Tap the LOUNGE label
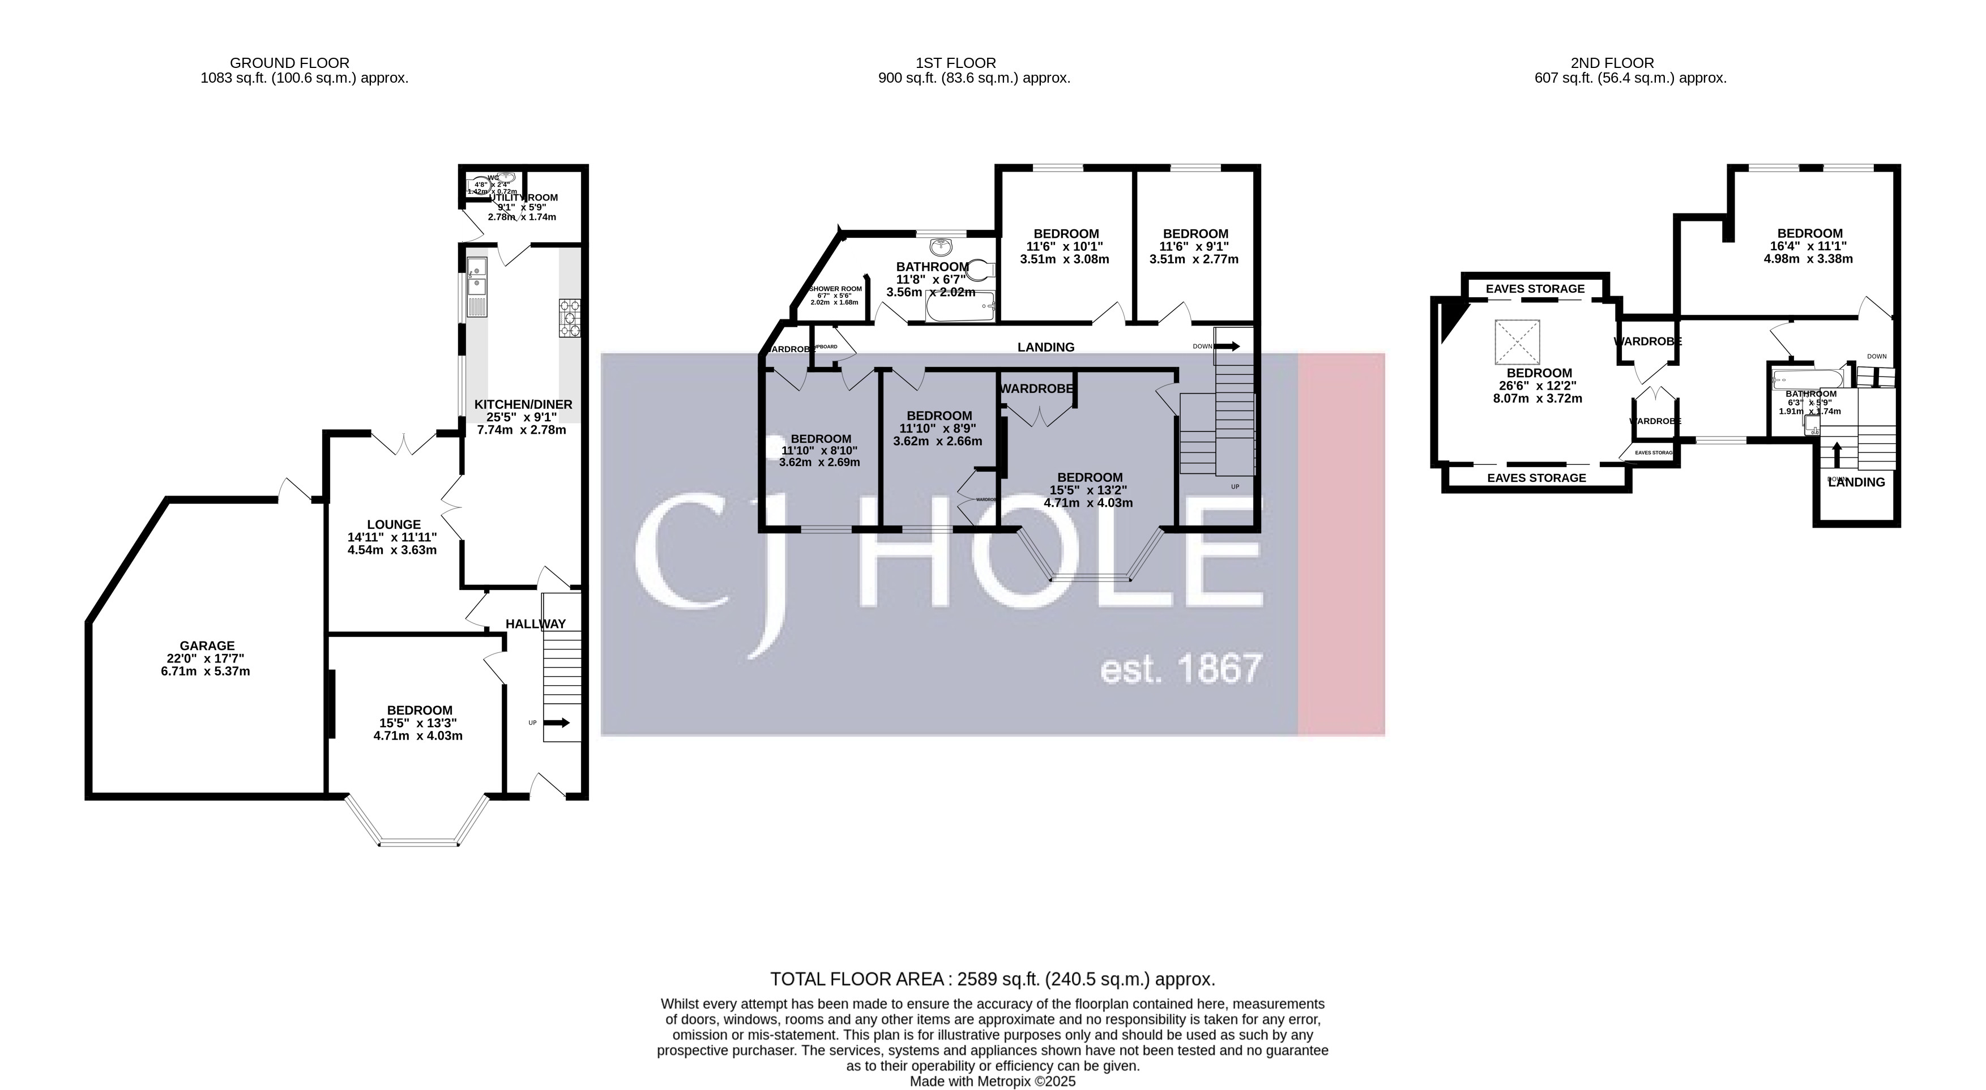pos(394,524)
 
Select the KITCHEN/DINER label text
pos(523,404)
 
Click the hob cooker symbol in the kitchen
pos(569,318)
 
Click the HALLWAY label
pos(535,623)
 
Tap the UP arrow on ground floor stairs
pos(557,723)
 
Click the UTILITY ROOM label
pos(524,198)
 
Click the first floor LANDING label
pos(1045,347)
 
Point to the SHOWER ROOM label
pos(836,289)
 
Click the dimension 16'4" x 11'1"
pos(1809,246)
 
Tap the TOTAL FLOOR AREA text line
pos(992,980)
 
